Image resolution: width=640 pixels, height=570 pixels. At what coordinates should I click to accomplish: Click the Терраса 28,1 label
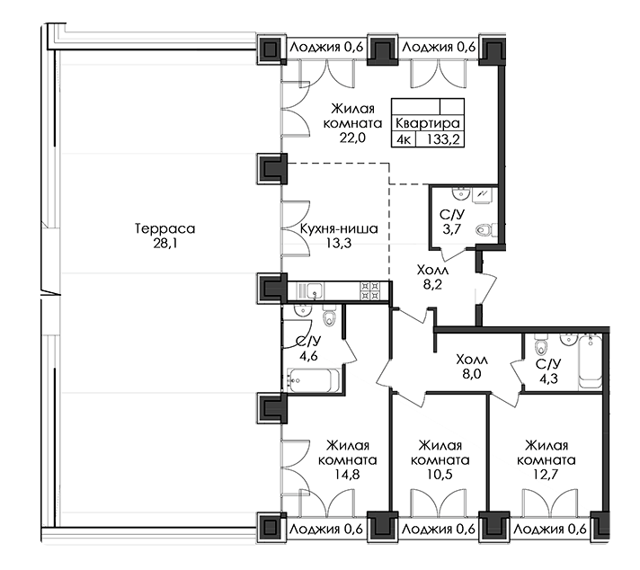[x=164, y=236]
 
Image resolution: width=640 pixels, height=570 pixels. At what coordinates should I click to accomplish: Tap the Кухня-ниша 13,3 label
[x=339, y=236]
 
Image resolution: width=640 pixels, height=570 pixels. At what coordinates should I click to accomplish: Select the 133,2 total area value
[x=443, y=139]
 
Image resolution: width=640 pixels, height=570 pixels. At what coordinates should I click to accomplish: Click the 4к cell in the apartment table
[x=404, y=139]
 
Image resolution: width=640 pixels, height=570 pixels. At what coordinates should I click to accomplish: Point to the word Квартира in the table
[x=428, y=123]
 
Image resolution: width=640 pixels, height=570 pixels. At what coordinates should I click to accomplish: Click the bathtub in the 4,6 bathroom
[x=314, y=380]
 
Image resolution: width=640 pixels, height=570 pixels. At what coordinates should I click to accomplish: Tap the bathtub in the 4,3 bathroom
[x=591, y=361]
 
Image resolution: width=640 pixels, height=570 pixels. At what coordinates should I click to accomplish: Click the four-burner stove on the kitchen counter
[x=370, y=290]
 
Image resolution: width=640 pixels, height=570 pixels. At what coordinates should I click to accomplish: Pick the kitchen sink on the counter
[x=315, y=291]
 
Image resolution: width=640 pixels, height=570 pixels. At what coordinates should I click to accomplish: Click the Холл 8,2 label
[x=432, y=277]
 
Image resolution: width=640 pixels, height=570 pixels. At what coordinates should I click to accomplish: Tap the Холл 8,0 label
[x=472, y=367]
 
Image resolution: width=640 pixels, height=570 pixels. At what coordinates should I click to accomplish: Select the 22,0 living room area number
[x=352, y=138]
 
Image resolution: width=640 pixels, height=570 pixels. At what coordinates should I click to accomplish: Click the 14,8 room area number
[x=347, y=475]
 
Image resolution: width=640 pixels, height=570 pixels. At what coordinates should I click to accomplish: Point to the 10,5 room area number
[x=440, y=475]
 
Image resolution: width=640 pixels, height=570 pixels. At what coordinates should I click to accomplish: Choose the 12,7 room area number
[x=547, y=475]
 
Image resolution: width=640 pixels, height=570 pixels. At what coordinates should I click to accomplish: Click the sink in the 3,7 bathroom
[x=461, y=193]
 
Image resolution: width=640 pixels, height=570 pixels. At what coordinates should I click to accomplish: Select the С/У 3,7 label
[x=452, y=222]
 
